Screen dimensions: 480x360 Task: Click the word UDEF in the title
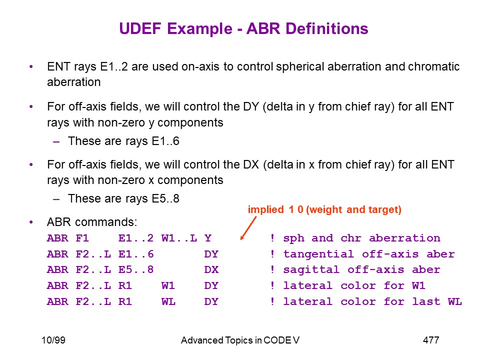140,29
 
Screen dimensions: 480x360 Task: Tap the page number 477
431,340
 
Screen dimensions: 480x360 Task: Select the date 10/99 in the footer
53,340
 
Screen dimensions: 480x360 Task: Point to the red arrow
248,228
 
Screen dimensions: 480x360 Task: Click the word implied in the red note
265,209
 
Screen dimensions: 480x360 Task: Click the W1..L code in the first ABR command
179,238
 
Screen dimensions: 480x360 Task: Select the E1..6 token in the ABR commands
136,254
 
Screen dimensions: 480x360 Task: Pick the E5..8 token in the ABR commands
136,269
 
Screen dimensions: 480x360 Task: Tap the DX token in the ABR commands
211,269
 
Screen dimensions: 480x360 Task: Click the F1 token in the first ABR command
82,238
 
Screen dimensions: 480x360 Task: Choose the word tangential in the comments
318,254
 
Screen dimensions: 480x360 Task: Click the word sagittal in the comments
311,269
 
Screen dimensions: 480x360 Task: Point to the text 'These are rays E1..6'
123,141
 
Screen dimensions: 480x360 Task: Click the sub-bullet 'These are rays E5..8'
123,198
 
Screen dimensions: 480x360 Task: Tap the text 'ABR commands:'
92,222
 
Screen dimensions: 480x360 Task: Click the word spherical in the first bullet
300,66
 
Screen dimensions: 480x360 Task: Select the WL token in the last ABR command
168,301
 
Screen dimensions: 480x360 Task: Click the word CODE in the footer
277,340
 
